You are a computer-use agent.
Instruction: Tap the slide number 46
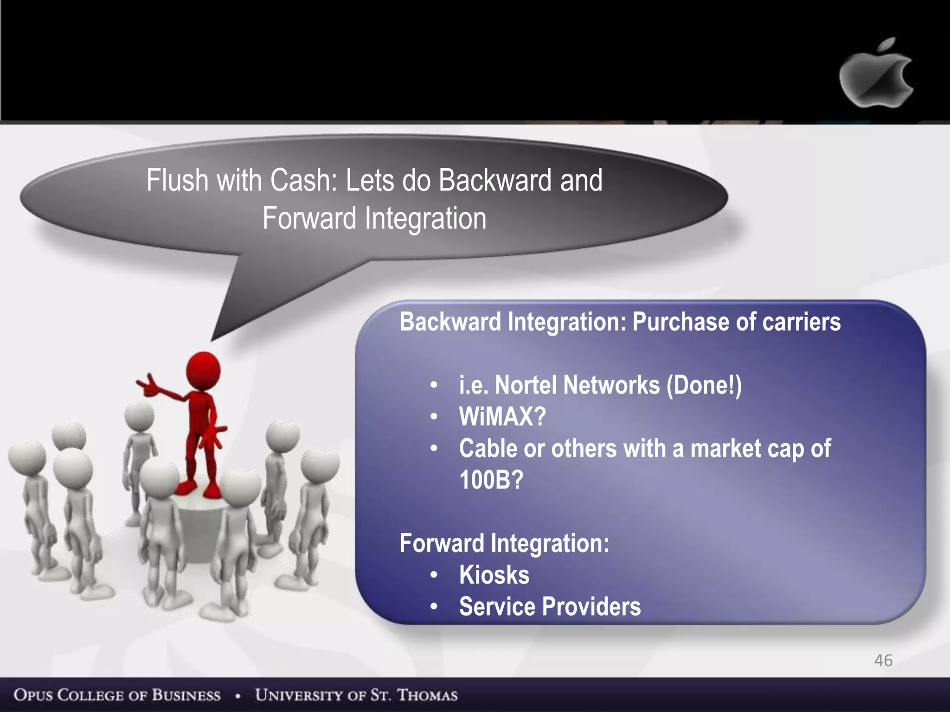[x=883, y=660]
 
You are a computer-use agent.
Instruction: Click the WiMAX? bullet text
[x=502, y=416]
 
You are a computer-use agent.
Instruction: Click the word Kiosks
[x=494, y=575]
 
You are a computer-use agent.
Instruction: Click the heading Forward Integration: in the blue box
[x=504, y=543]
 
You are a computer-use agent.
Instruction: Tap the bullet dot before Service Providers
[x=434, y=606]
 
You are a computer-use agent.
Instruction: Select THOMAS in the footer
[x=427, y=695]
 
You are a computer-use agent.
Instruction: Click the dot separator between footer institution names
[x=238, y=696]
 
